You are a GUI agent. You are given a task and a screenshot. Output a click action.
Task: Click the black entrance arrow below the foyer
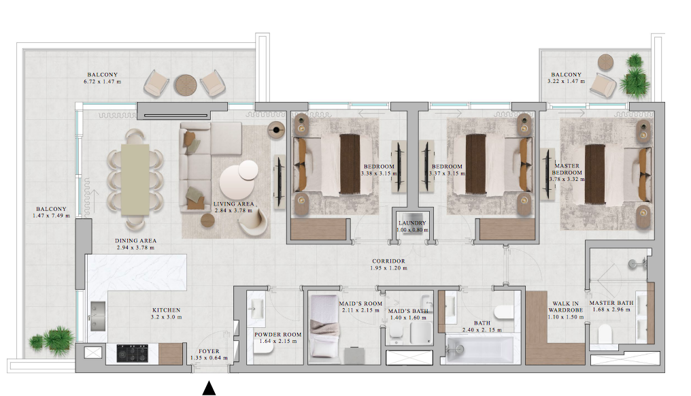(209, 388)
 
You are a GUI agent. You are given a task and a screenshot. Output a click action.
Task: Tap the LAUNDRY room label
(412, 223)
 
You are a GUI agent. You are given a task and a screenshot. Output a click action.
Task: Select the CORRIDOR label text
(388, 261)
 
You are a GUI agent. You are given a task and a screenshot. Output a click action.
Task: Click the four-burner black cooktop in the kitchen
(132, 353)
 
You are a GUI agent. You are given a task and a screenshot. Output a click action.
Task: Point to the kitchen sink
(98, 316)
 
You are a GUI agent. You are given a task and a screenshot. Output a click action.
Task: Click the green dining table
(135, 180)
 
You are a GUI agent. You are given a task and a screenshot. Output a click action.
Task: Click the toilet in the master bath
(605, 334)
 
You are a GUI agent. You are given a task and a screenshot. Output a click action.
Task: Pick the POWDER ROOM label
(278, 335)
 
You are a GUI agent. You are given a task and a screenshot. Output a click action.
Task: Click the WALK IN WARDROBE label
(566, 307)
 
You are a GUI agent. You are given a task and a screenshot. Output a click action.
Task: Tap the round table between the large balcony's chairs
(186, 84)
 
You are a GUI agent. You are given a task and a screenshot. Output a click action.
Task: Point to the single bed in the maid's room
(325, 327)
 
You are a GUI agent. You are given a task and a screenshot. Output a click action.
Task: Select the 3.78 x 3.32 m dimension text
(567, 180)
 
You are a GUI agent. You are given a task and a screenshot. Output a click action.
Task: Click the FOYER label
(209, 352)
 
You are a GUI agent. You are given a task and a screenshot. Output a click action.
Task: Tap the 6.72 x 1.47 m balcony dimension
(102, 82)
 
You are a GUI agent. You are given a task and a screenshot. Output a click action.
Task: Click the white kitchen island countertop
(136, 271)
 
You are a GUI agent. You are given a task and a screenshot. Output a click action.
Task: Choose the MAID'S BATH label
(408, 311)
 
